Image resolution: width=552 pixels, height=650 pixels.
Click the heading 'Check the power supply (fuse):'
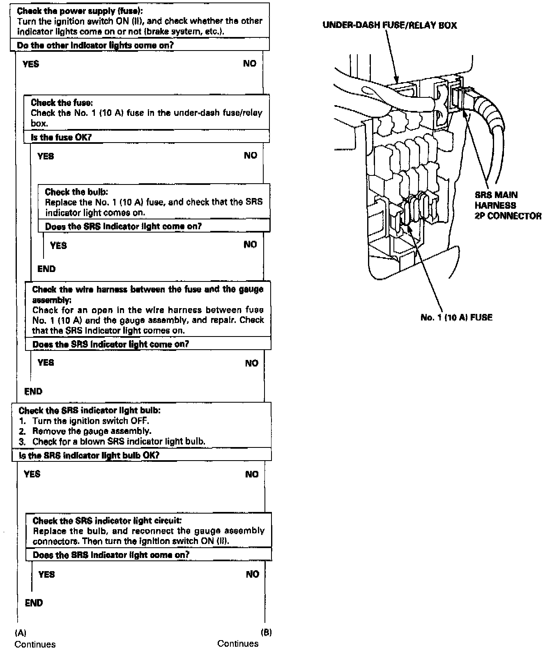pos(80,11)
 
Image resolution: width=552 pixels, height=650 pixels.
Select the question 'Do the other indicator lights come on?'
pos(95,45)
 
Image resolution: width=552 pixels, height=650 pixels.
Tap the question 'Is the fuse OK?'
pos(61,137)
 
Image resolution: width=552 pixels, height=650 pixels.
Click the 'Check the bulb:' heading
pos(76,192)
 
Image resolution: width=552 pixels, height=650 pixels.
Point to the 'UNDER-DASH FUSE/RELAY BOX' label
pos(389,25)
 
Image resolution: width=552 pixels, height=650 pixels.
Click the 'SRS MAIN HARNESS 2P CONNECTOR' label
pos(508,205)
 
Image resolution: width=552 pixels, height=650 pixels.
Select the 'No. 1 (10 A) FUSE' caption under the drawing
pos(456,317)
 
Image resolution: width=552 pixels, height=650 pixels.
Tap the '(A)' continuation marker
pos(21,632)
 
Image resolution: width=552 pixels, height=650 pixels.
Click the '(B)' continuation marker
pos(266,632)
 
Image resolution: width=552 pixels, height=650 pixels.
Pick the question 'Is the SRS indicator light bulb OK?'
pos(89,455)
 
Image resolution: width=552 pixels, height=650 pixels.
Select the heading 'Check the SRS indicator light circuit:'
pos(104,521)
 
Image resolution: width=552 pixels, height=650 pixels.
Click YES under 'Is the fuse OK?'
pos(46,156)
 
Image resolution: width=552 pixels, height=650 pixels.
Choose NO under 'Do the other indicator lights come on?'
pos(249,63)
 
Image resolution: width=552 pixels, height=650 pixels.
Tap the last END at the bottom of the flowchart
pos(34,603)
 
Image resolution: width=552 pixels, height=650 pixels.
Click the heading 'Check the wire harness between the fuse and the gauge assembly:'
pos(148,294)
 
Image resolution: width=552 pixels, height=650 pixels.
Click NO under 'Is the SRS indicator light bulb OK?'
pos(252,474)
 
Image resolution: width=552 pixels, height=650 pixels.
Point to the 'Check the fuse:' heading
pos(64,102)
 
